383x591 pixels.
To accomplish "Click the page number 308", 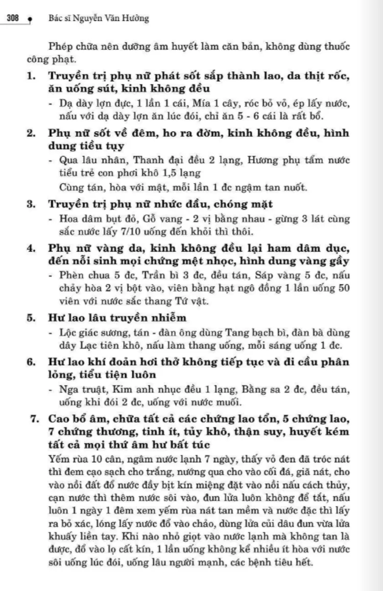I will click(13, 19).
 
